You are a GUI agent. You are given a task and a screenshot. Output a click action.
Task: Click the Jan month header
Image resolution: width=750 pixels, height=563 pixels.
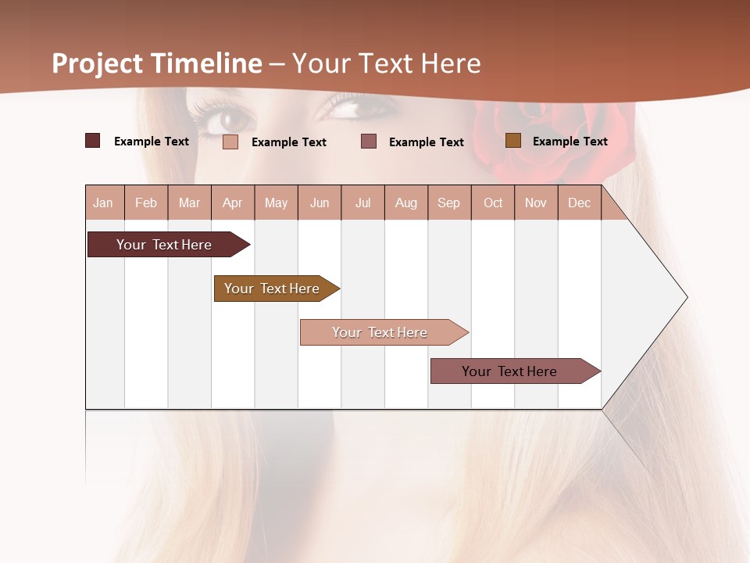[103, 203]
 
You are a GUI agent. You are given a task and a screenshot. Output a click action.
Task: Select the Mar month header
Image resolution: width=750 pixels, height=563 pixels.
[189, 203]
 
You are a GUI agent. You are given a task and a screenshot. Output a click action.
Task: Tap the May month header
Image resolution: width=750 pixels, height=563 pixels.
[276, 203]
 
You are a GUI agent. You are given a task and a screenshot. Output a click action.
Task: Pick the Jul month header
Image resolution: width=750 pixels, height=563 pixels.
[362, 203]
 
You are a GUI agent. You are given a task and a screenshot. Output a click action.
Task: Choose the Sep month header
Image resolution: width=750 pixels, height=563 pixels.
[448, 203]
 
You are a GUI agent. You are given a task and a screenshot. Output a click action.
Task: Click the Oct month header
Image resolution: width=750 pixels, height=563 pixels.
[493, 203]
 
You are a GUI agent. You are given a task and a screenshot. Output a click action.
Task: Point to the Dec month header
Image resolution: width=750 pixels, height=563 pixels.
[579, 203]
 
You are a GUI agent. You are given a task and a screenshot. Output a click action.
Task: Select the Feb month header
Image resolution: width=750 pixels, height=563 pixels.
[146, 203]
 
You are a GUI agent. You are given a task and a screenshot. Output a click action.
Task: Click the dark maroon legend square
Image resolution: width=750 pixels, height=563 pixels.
[92, 141]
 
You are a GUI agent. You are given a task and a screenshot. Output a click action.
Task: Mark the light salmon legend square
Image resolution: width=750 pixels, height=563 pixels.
[230, 142]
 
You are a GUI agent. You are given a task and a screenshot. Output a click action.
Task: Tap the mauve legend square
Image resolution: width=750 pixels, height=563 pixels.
[369, 141]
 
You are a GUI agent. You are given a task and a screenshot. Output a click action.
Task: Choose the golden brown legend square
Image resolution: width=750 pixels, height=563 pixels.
[512, 141]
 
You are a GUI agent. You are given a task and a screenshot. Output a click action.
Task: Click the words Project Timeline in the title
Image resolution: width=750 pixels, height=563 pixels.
[157, 63]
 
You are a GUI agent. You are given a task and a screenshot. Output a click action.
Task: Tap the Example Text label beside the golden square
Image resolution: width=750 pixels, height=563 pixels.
[570, 142]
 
